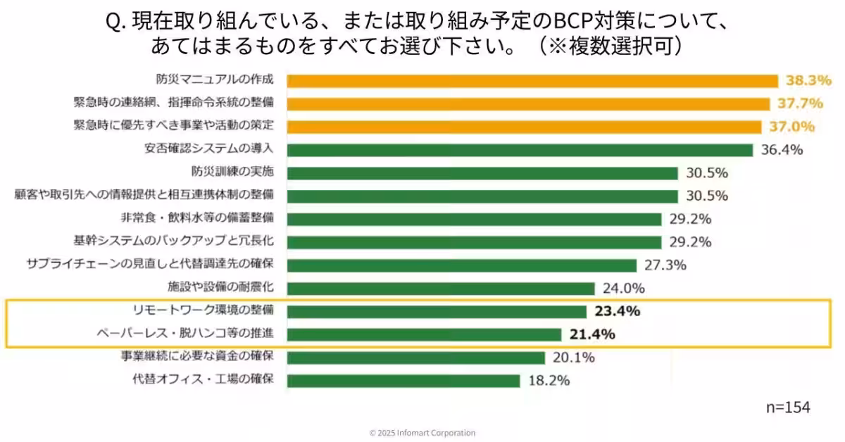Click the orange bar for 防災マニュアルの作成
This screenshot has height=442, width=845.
(532, 81)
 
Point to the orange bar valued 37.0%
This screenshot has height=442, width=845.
(524, 127)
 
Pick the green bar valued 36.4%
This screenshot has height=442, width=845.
(520, 150)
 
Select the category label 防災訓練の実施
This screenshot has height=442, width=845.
(232, 172)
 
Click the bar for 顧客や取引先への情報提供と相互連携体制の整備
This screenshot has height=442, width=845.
(482, 196)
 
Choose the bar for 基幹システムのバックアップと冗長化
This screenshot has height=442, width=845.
(474, 242)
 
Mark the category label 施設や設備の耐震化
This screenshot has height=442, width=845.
(220, 287)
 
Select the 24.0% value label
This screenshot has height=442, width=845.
(624, 288)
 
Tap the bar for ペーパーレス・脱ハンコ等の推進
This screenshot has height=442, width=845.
(423, 334)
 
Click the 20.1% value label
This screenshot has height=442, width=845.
(573, 358)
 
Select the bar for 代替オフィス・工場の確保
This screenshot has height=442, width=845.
(403, 381)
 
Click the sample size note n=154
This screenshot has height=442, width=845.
(788, 408)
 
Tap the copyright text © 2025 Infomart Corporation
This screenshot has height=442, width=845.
(423, 433)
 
